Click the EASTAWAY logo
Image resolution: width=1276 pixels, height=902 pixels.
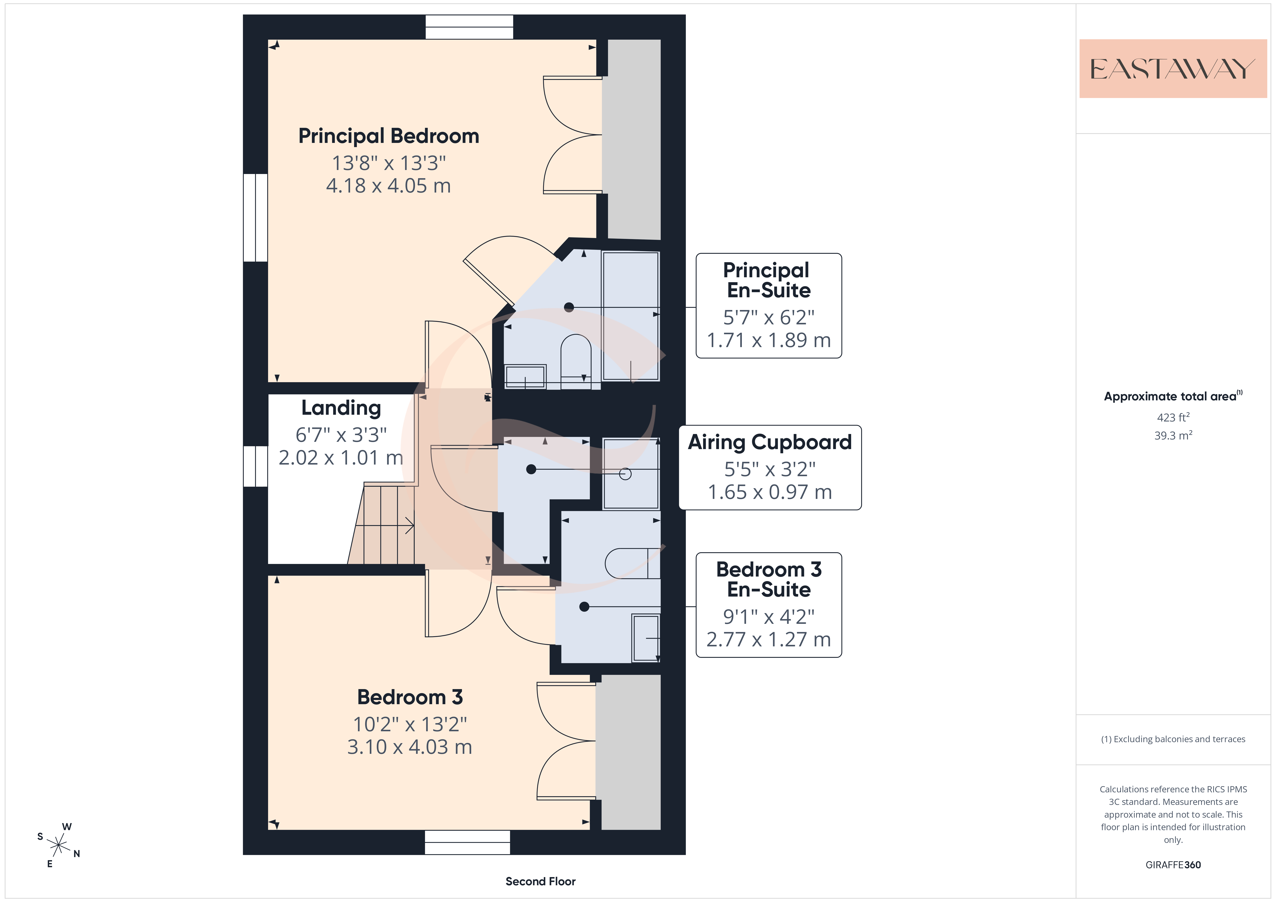1173,69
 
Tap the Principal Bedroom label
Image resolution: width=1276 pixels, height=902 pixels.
388,136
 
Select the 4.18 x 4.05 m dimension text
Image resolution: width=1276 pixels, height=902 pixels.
388,186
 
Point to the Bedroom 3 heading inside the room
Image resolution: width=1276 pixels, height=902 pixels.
410,697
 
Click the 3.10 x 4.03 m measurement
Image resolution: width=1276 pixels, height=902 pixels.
410,747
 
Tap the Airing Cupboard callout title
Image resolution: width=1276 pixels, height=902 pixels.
770,442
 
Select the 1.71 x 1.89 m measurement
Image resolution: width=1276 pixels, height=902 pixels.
769,340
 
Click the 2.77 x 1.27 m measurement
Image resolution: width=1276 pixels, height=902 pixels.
769,640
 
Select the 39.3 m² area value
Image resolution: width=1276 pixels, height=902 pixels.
1173,435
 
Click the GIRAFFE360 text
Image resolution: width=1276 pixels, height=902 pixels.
1173,865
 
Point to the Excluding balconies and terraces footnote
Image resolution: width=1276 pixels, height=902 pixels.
1173,739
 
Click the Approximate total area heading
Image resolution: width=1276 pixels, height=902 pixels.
1173,396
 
